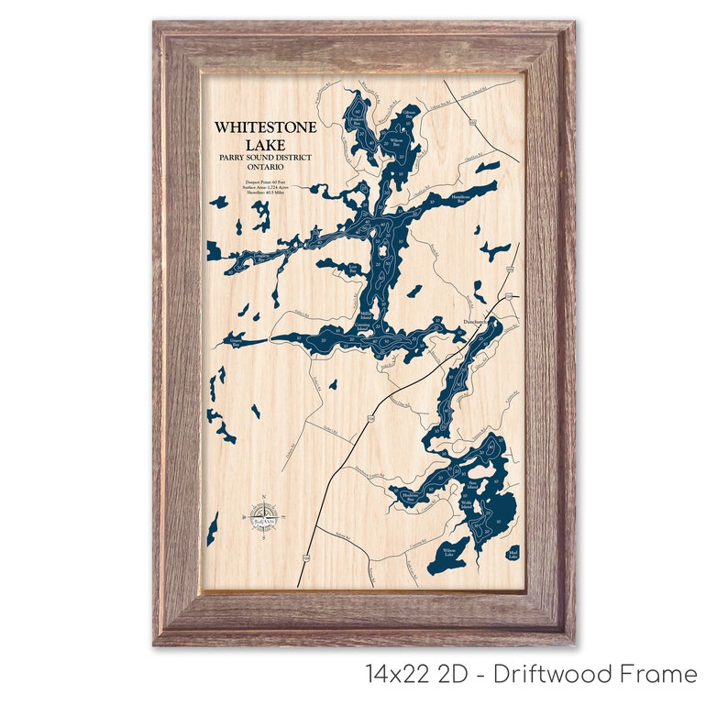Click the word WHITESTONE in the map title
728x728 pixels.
(265, 128)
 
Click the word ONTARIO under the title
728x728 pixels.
(265, 167)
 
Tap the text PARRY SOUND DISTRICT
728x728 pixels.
(265, 157)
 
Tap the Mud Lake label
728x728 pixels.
(513, 554)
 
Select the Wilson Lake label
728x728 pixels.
(449, 553)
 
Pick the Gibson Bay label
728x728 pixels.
(409, 114)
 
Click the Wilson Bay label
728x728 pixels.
(398, 143)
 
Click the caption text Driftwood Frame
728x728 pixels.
(595, 675)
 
